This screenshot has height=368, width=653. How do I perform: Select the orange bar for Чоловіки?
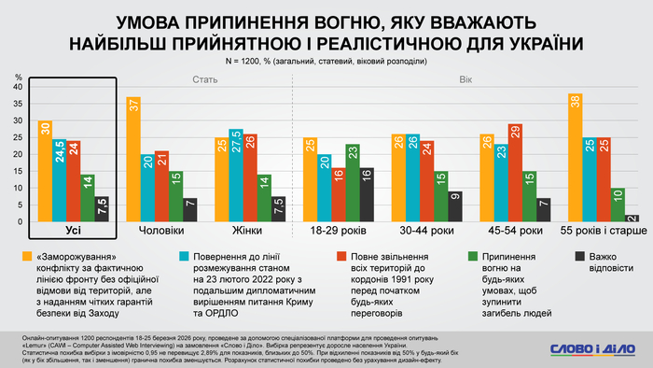click(133, 159)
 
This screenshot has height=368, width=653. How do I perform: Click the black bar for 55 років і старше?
click(632, 218)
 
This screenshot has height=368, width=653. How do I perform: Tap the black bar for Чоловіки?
click(190, 210)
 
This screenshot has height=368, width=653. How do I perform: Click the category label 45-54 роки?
click(514, 230)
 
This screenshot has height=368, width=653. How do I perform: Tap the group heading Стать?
click(205, 79)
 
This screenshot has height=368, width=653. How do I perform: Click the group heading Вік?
click(465, 79)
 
